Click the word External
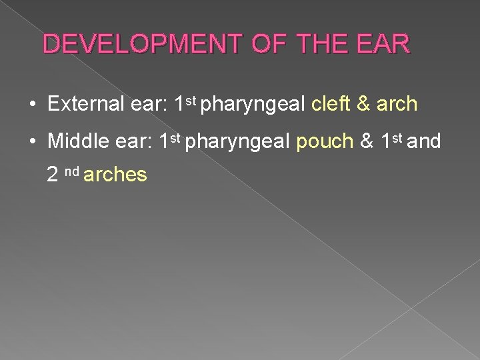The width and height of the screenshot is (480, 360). click(x=82, y=105)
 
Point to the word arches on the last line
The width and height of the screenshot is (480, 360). click(x=115, y=175)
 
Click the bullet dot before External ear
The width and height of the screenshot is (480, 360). click(x=31, y=105)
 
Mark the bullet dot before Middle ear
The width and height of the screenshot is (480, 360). click(x=31, y=142)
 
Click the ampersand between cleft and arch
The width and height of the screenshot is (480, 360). click(x=364, y=105)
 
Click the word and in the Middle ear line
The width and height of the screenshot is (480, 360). click(x=427, y=141)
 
